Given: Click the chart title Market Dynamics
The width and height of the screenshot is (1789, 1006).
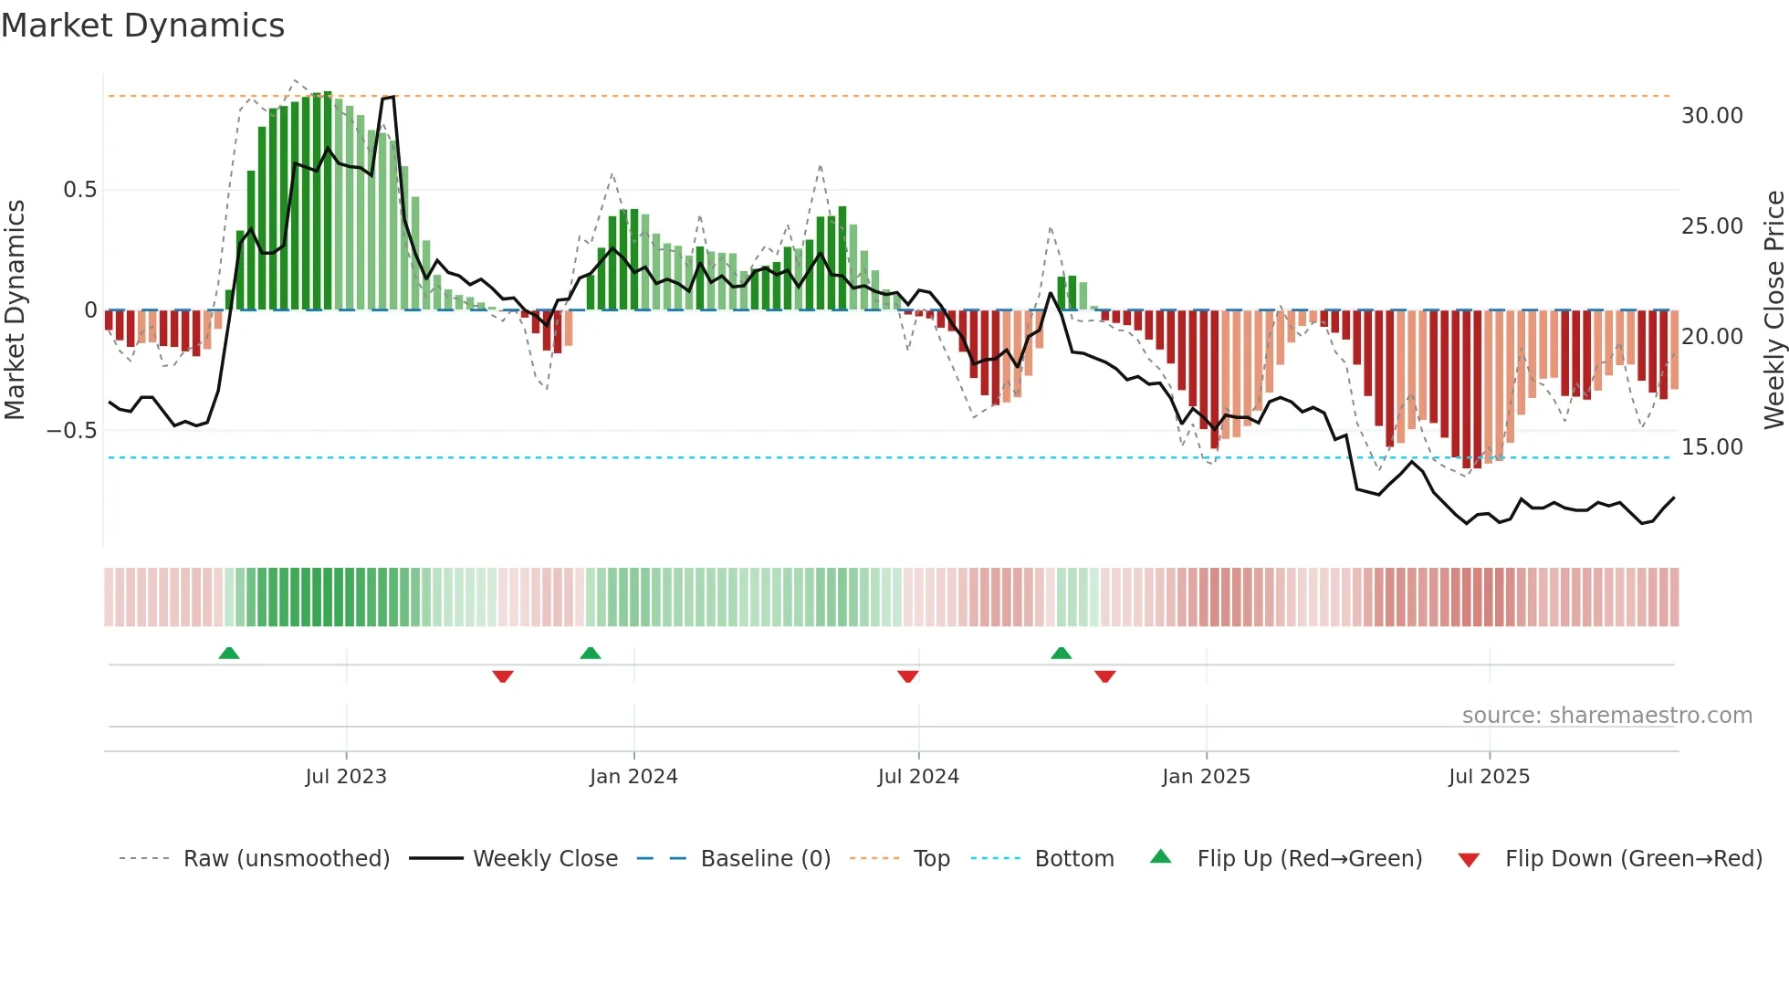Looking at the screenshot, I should click(x=142, y=26).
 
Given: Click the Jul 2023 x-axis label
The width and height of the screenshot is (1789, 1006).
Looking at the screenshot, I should click(x=346, y=777).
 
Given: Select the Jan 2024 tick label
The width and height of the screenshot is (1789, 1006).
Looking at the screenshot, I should click(x=633, y=777).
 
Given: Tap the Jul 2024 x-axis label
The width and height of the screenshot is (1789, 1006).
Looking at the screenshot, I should click(x=918, y=777).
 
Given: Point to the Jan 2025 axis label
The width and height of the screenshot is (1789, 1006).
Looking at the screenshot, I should click(x=1206, y=777).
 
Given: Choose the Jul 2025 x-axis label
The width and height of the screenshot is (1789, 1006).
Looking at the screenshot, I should click(x=1489, y=777).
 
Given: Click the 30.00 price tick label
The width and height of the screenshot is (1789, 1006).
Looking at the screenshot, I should click(x=1711, y=116).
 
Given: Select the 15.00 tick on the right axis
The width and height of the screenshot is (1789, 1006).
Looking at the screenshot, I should click(x=1711, y=447).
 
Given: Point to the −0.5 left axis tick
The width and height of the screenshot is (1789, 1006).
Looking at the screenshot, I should click(x=71, y=430).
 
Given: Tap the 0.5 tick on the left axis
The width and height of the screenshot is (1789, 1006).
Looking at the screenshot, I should click(x=79, y=190).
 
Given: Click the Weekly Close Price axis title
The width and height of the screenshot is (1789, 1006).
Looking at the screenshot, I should click(x=1773, y=309).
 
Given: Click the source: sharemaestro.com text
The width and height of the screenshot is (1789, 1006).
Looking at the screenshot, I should click(x=1606, y=716).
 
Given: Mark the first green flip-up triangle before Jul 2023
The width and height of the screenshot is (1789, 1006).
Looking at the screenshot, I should click(x=229, y=653).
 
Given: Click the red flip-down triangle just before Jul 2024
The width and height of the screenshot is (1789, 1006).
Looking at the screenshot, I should click(x=907, y=676).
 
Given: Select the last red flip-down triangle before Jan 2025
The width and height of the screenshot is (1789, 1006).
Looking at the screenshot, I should click(x=1104, y=676).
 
